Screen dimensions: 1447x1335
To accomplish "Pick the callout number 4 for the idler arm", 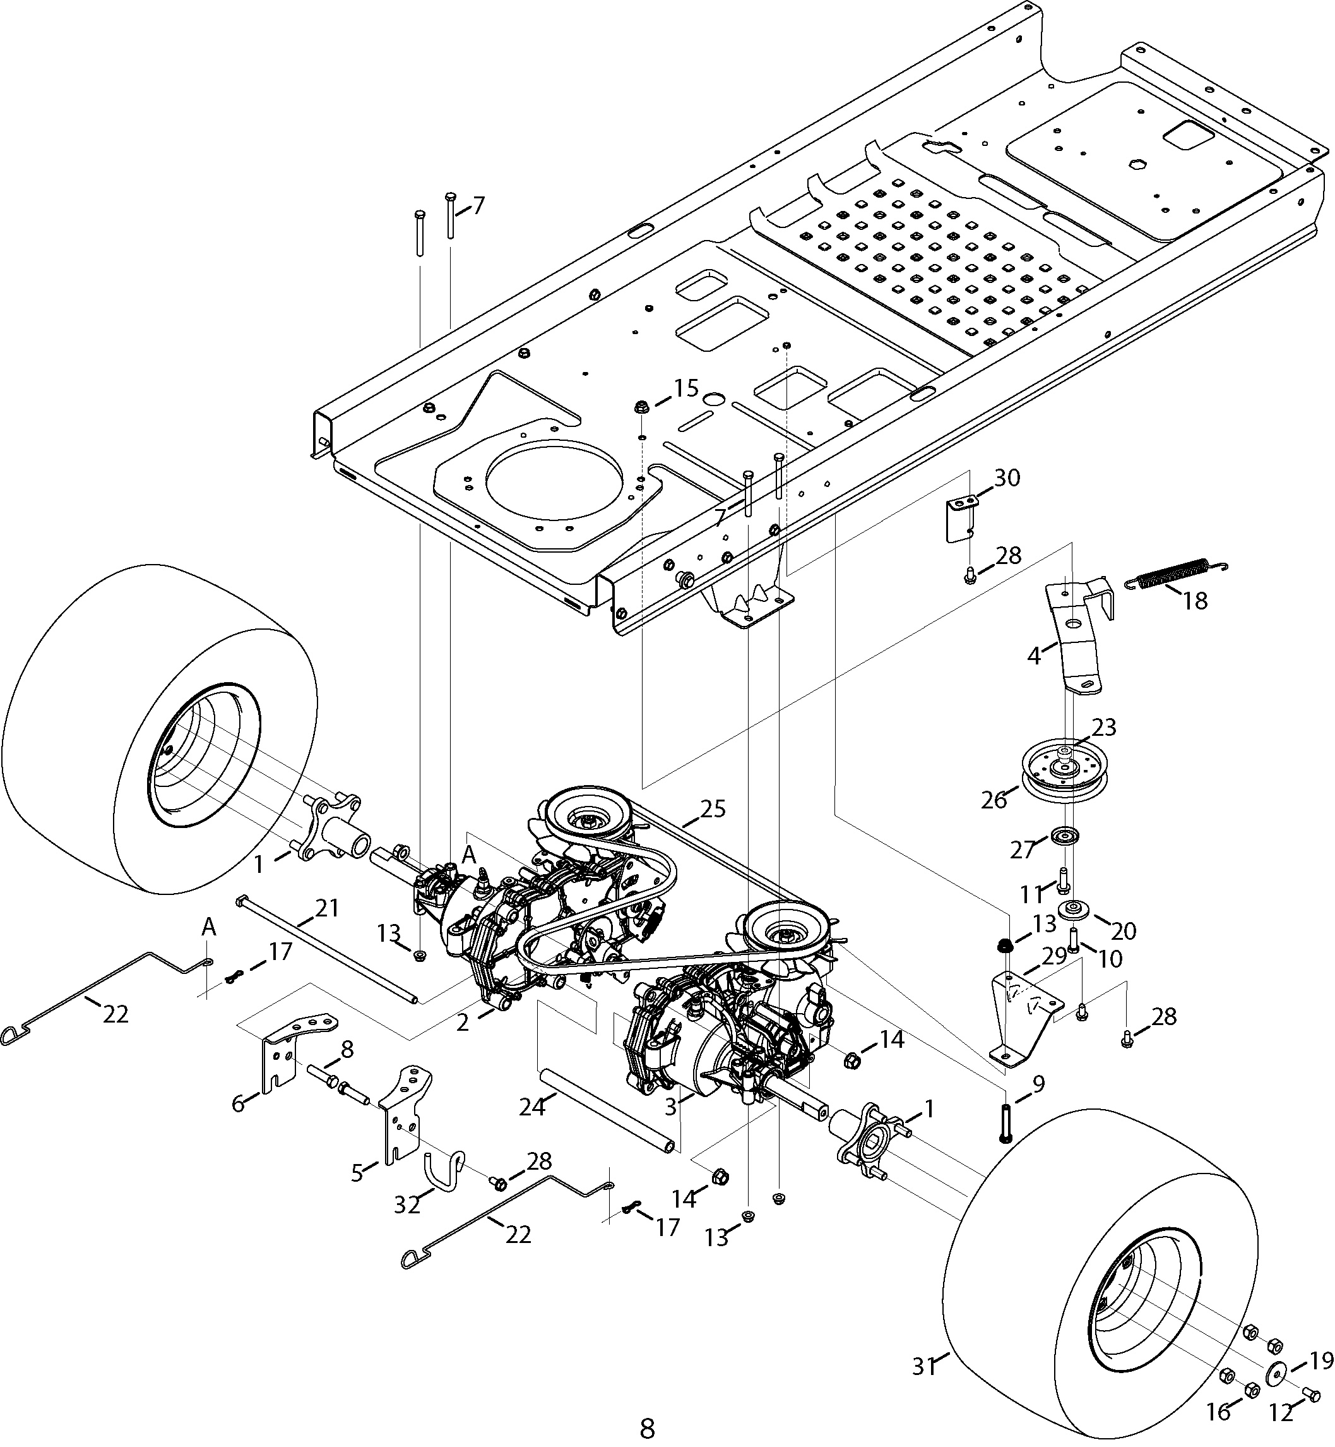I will (x=1035, y=656).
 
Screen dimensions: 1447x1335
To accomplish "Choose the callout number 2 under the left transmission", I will (x=462, y=1022).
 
